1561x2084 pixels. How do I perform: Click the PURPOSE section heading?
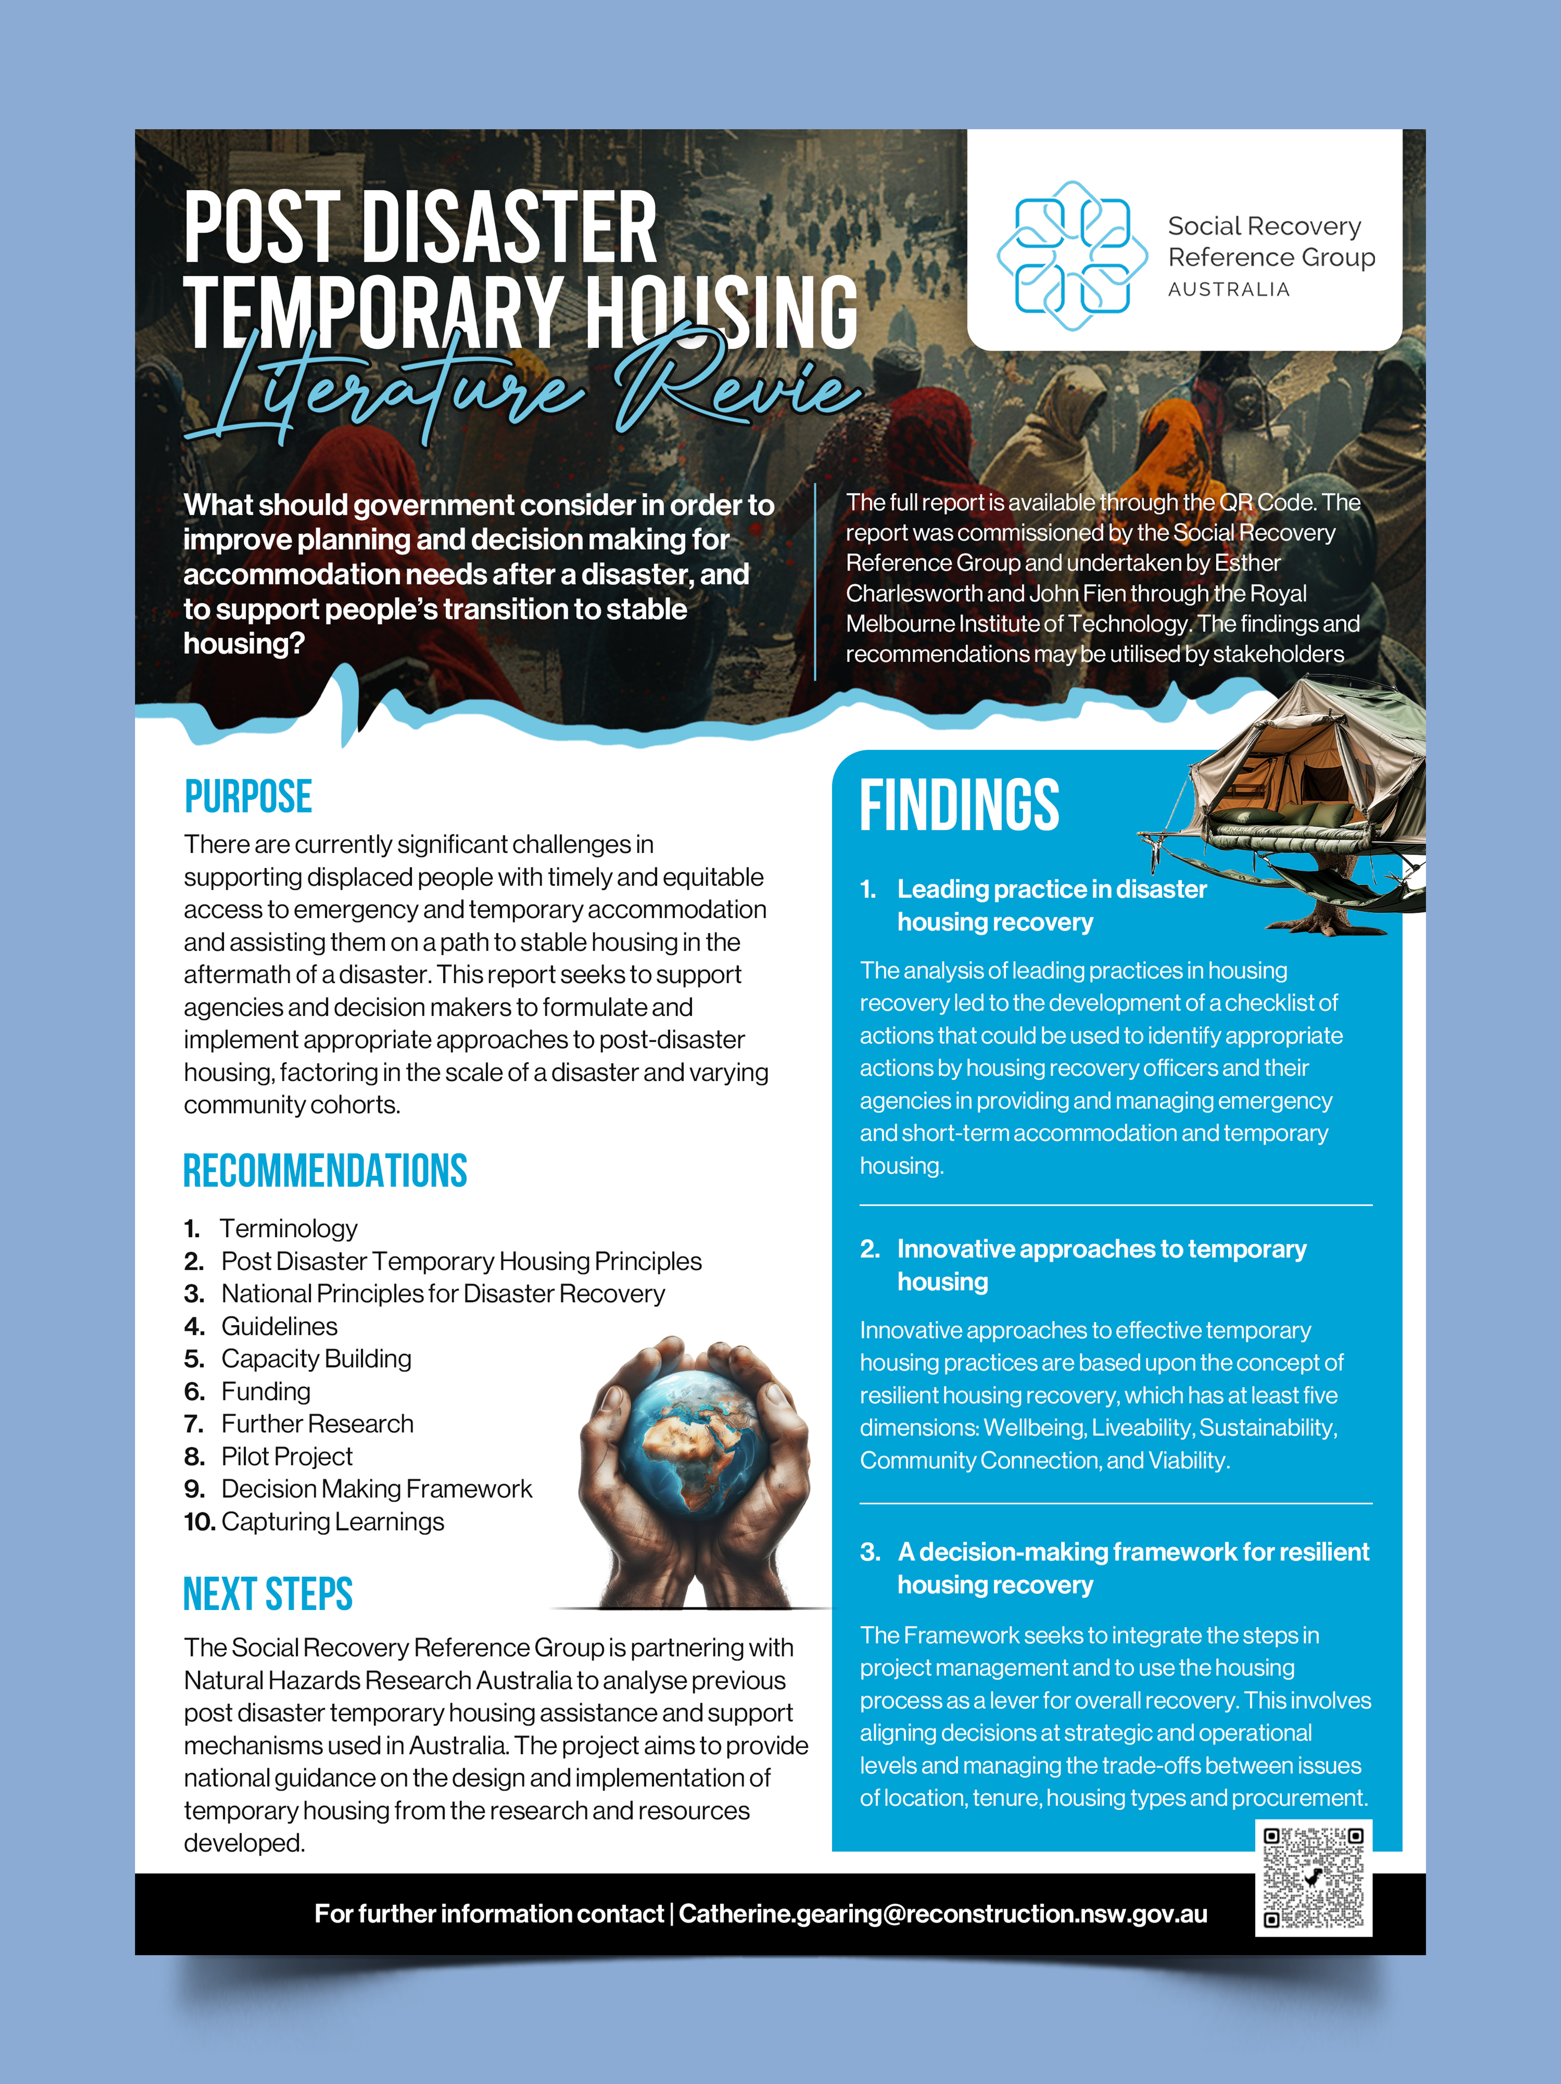pos(248,797)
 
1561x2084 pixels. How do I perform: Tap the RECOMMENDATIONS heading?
pos(325,1171)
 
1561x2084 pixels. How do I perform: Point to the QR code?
pos(1313,1878)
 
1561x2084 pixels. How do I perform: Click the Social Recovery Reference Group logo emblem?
pos(1072,255)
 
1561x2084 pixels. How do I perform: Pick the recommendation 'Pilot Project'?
pos(286,1457)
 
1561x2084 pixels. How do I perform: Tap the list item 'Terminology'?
pos(288,1229)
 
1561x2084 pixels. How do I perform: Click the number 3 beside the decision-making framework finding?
pos(868,1552)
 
